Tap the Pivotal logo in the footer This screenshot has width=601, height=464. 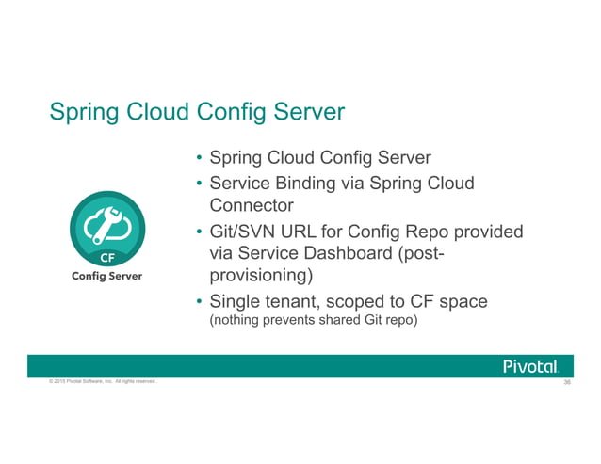click(x=531, y=366)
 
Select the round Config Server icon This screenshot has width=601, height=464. click(x=106, y=225)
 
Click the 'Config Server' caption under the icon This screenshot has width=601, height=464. click(x=107, y=276)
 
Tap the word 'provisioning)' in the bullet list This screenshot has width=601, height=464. click(x=260, y=277)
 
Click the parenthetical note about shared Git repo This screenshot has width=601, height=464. click(x=312, y=321)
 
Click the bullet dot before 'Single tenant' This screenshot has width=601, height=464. click(x=199, y=302)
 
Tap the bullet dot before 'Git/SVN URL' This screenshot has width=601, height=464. click(x=199, y=232)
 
